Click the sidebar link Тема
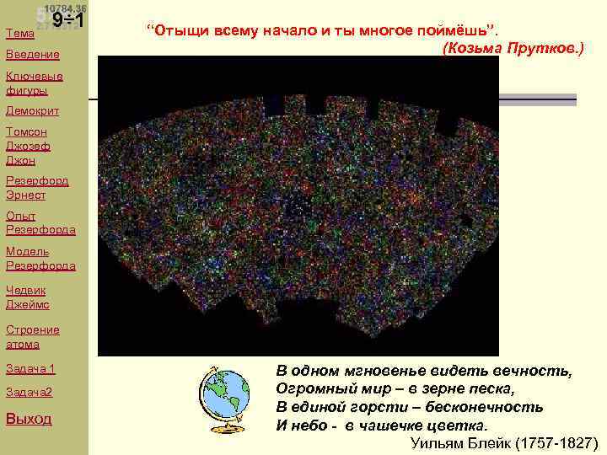[x=20, y=34]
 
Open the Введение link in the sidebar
[x=33, y=55]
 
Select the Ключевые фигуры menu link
[x=33, y=83]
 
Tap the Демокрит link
[x=34, y=110]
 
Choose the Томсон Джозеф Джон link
[x=28, y=145]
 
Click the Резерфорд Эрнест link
[x=37, y=187]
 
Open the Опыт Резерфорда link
[x=40, y=222]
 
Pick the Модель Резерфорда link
[x=40, y=258]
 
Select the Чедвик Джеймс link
[x=28, y=297]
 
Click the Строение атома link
[x=33, y=337]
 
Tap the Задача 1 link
[x=30, y=369]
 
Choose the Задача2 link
[x=29, y=393]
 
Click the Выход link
[x=29, y=419]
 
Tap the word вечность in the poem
[x=535, y=371]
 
